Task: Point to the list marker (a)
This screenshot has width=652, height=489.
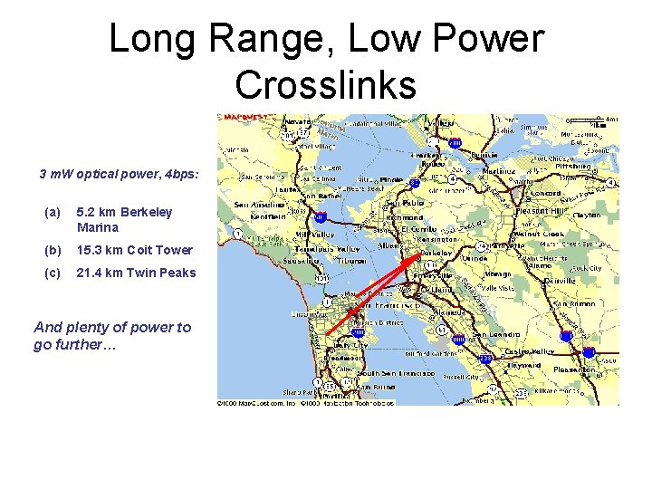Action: [53, 212]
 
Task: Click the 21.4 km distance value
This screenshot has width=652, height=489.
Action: [98, 272]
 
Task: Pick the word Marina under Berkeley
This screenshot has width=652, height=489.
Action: [98, 227]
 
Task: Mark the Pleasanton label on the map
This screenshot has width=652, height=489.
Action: [575, 369]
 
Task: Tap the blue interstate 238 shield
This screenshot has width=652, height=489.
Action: [485, 360]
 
